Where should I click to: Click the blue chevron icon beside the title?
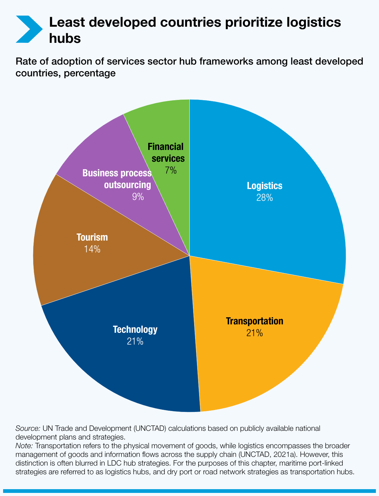(x=29, y=29)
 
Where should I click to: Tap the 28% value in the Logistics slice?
(x=264, y=198)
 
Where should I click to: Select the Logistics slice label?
(x=264, y=186)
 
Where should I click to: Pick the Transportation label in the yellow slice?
(x=254, y=321)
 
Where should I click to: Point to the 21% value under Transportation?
(x=254, y=333)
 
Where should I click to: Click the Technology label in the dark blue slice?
(x=135, y=329)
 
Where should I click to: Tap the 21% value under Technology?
(x=135, y=341)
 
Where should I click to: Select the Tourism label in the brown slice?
(x=92, y=237)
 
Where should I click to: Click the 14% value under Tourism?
(x=92, y=249)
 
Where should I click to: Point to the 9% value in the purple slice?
(x=138, y=197)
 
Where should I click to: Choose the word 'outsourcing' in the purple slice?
(x=127, y=185)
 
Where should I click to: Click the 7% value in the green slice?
(x=171, y=170)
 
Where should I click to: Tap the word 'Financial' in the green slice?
(x=166, y=146)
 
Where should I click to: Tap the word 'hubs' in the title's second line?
(x=65, y=38)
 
